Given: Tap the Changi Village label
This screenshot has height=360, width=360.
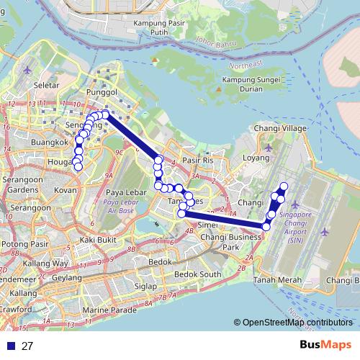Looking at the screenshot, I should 281,128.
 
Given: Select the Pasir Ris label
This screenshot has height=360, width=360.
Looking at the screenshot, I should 198,160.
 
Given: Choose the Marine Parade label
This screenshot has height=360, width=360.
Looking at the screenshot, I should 109,310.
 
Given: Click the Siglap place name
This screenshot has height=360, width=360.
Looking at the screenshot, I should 145,286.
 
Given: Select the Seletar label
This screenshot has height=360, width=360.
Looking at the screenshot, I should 45,85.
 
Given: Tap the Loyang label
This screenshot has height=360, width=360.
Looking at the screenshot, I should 256,156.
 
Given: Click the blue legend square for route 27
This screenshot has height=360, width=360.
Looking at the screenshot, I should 9,346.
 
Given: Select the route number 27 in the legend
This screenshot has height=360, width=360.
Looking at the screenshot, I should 27,346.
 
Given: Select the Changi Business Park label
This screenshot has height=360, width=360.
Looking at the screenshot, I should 230,241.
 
